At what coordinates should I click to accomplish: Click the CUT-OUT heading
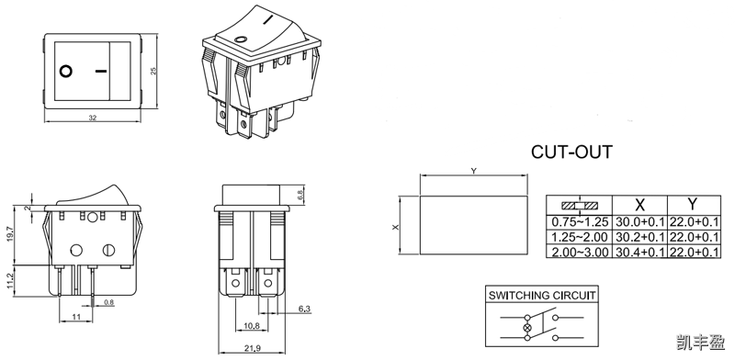pyautogui.click(x=571, y=151)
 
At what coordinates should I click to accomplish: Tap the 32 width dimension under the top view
pyautogui.click(x=93, y=118)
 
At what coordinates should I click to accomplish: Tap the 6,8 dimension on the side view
pyautogui.click(x=301, y=195)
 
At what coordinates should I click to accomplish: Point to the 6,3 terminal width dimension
pyautogui.click(x=305, y=309)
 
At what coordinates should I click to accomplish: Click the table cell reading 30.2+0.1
pyautogui.click(x=640, y=237)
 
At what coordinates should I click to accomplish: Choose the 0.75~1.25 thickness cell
pyautogui.click(x=580, y=222)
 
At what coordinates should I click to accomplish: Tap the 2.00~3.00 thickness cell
pyautogui.click(x=580, y=252)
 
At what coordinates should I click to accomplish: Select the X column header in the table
pyautogui.click(x=639, y=204)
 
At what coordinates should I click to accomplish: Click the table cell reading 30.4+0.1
pyautogui.click(x=640, y=252)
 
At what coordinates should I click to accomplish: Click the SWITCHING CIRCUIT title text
pyautogui.click(x=541, y=296)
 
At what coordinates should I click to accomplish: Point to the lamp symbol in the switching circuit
pyautogui.click(x=526, y=328)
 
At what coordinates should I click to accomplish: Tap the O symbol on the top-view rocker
pyautogui.click(x=66, y=71)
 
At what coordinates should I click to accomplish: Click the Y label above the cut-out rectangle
pyautogui.click(x=473, y=171)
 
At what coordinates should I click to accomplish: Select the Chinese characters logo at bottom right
pyautogui.click(x=700, y=342)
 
